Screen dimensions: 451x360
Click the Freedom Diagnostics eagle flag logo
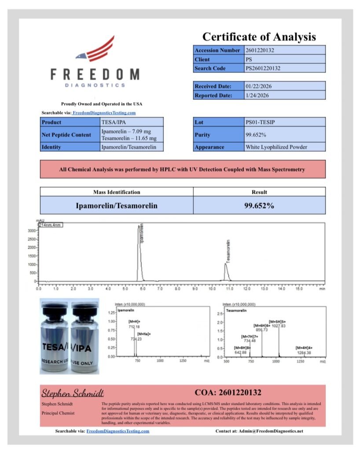coord(94,49)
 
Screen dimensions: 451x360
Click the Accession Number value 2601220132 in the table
coord(260,50)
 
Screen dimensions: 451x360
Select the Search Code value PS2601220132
coord(263,68)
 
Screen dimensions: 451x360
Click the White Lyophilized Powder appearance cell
coord(276,147)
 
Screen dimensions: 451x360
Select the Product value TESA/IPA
coord(111,122)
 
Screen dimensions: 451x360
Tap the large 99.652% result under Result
coord(259,205)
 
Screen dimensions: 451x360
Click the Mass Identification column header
coord(117,192)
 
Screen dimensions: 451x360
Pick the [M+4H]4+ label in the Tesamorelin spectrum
coord(304,348)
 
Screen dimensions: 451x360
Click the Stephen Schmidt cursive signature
coord(73,393)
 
